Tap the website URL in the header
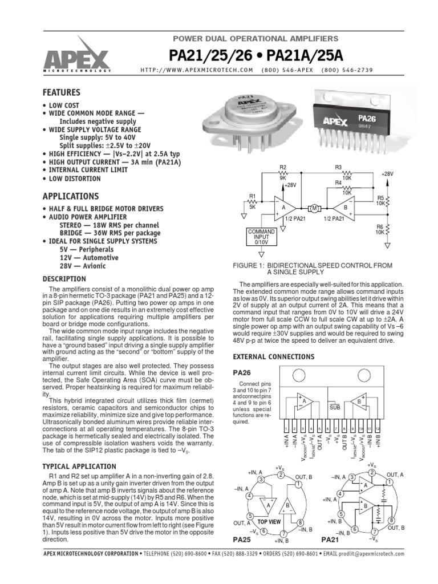click(x=196, y=70)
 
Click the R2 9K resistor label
click(x=282, y=173)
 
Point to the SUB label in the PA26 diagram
click(x=335, y=408)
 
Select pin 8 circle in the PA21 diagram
click(x=392, y=521)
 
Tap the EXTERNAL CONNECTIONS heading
click(x=273, y=356)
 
